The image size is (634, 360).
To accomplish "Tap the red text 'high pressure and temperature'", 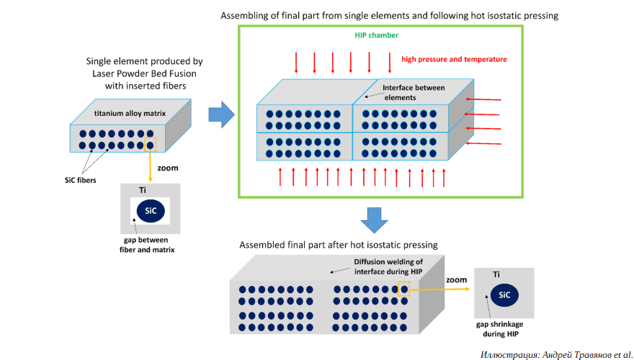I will (454, 59).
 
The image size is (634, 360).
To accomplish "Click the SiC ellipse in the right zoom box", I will (504, 295).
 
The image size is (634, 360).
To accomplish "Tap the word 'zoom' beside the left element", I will (167, 168).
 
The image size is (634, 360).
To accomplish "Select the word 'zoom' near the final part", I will (456, 279).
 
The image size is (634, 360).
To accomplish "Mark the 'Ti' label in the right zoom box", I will (497, 274).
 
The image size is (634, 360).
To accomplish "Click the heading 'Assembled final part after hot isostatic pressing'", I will (339, 245).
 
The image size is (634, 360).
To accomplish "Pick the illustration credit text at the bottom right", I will (556, 354).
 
